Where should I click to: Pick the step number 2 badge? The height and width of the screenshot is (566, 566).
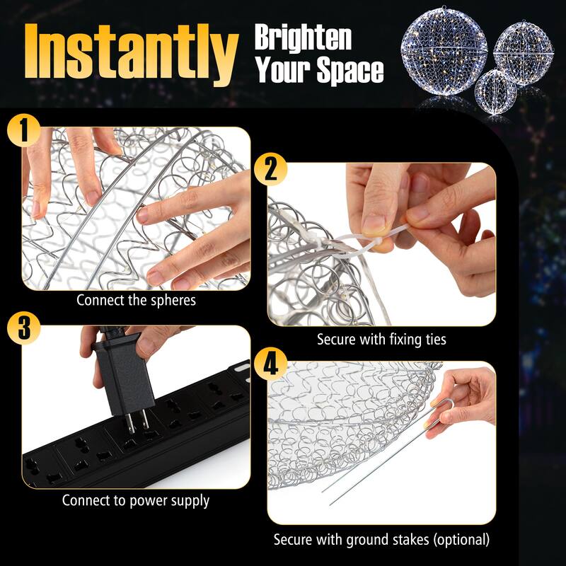[x=270, y=170]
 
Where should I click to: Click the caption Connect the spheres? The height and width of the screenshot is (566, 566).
[x=136, y=299]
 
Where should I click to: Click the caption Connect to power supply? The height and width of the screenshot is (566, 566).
[x=136, y=501]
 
